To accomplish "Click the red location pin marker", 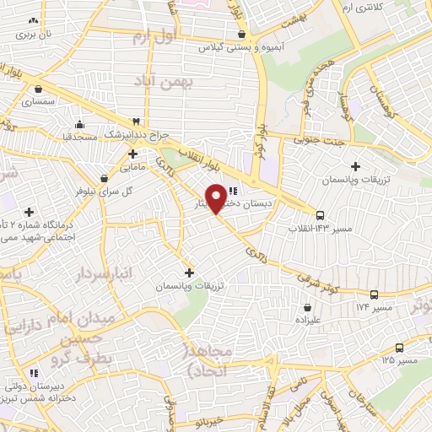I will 217,197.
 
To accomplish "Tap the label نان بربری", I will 36,35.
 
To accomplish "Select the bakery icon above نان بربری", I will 34,21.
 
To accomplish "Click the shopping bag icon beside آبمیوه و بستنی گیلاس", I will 243,35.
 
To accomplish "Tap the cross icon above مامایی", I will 133,154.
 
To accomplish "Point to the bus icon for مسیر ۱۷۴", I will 373,294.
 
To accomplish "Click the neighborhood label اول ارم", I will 155,38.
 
